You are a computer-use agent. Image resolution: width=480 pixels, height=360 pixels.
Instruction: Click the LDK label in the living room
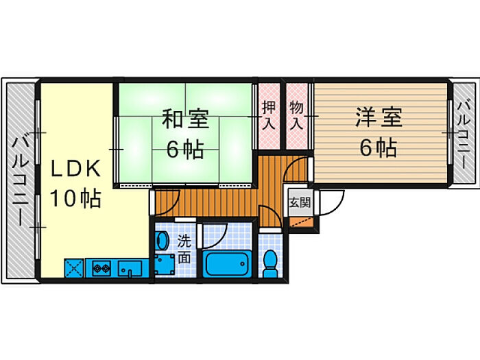click(x=76, y=168)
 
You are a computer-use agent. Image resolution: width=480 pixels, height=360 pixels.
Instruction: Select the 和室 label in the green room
click(x=185, y=119)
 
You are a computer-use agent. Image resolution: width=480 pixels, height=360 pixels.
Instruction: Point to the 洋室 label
click(x=378, y=117)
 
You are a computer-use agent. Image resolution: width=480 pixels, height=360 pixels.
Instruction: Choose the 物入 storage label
click(x=296, y=115)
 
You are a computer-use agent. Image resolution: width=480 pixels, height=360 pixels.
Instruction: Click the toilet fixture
click(x=272, y=259)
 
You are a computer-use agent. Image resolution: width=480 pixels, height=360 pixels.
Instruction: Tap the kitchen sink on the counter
click(x=129, y=267)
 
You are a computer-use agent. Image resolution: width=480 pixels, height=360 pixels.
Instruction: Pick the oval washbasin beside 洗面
click(x=162, y=241)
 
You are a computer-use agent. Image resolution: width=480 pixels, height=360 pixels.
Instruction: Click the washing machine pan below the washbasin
click(x=164, y=264)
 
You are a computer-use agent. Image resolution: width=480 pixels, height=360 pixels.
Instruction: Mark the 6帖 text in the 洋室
click(x=378, y=147)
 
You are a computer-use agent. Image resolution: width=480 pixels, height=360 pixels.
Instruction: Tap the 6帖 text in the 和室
click(x=185, y=149)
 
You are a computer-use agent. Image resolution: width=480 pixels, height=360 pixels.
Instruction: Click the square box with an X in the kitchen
click(x=74, y=267)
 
